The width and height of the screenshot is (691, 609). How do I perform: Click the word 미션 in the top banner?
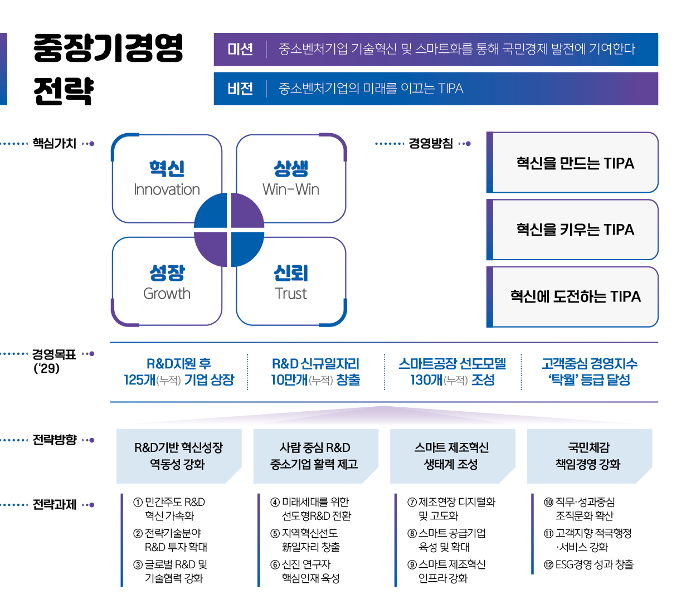pos(240,49)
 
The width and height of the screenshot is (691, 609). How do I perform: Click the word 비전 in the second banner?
pos(240,89)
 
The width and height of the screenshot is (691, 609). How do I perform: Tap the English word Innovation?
pos(167,189)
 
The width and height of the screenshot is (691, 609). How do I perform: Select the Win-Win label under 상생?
pos(290,189)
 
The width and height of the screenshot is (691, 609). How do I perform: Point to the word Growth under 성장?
pos(167,294)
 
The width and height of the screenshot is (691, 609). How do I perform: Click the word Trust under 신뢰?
pos(290,294)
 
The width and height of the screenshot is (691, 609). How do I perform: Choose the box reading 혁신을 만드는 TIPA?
pos(572,162)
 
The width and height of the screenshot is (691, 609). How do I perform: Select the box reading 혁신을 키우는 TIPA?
pos(572,230)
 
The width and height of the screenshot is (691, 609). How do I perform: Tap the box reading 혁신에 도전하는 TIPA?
pos(572,296)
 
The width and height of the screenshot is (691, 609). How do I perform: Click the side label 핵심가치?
pos(54,144)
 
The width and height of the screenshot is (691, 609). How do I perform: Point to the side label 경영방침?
pos(430,144)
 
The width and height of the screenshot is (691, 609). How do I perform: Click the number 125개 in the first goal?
pos(139,379)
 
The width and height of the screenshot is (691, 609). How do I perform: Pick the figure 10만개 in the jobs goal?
pos(289,379)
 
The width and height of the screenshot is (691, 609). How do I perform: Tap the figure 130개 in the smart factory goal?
pos(426,379)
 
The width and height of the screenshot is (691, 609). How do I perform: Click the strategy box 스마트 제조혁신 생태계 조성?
pos(452,456)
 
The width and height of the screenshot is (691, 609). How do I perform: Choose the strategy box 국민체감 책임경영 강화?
pos(589,456)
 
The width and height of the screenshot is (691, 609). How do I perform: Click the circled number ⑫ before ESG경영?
pos(548,564)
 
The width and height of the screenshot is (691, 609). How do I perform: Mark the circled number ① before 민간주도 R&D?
pos(138,502)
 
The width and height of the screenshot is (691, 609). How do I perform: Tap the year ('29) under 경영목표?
pos(46,368)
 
